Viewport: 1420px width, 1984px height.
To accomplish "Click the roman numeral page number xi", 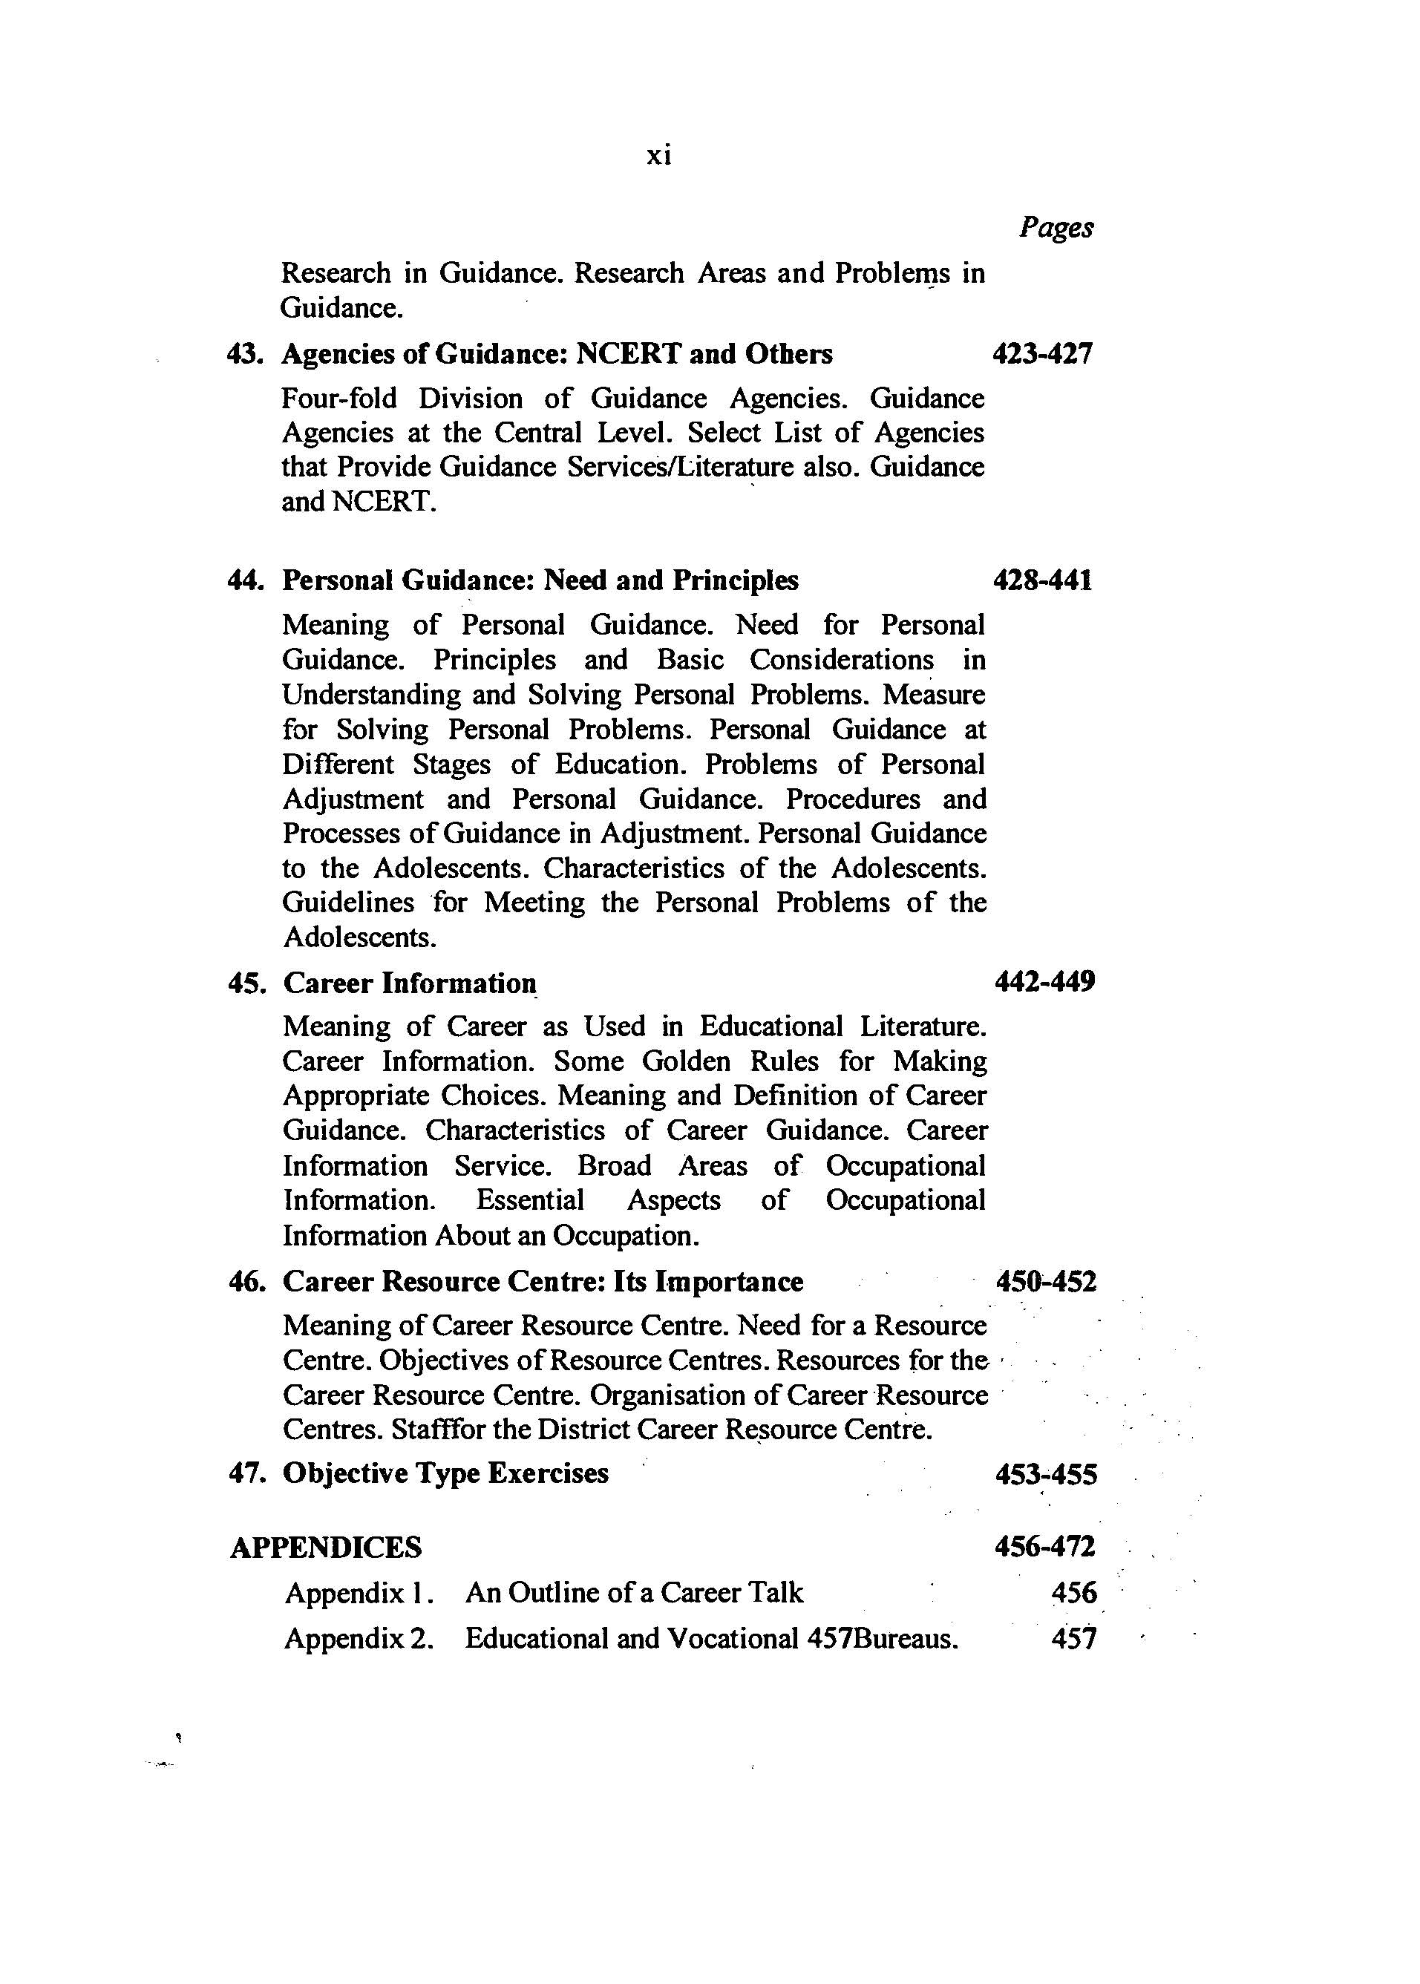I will (658, 157).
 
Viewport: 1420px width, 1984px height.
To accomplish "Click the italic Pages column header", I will (1056, 228).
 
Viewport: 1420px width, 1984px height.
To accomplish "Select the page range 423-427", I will (1042, 354).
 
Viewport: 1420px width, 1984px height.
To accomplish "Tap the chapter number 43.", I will (246, 354).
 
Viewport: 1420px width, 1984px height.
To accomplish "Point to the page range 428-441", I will (1042, 580).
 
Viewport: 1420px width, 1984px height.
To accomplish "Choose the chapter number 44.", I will (246, 580).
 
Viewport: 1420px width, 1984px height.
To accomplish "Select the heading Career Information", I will (409, 983).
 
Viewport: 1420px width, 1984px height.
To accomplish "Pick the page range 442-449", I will (1045, 982).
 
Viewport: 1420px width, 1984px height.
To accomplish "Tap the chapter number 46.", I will (246, 1282).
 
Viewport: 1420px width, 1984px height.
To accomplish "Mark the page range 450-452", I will (1046, 1282).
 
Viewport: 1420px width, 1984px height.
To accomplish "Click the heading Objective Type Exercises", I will (446, 1473).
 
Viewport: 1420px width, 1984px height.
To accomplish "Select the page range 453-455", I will (1046, 1475).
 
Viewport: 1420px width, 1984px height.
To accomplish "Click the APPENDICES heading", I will (325, 1548).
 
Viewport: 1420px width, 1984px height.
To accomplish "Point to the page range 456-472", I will (1045, 1547).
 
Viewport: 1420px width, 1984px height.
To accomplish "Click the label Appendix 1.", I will (359, 1593).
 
